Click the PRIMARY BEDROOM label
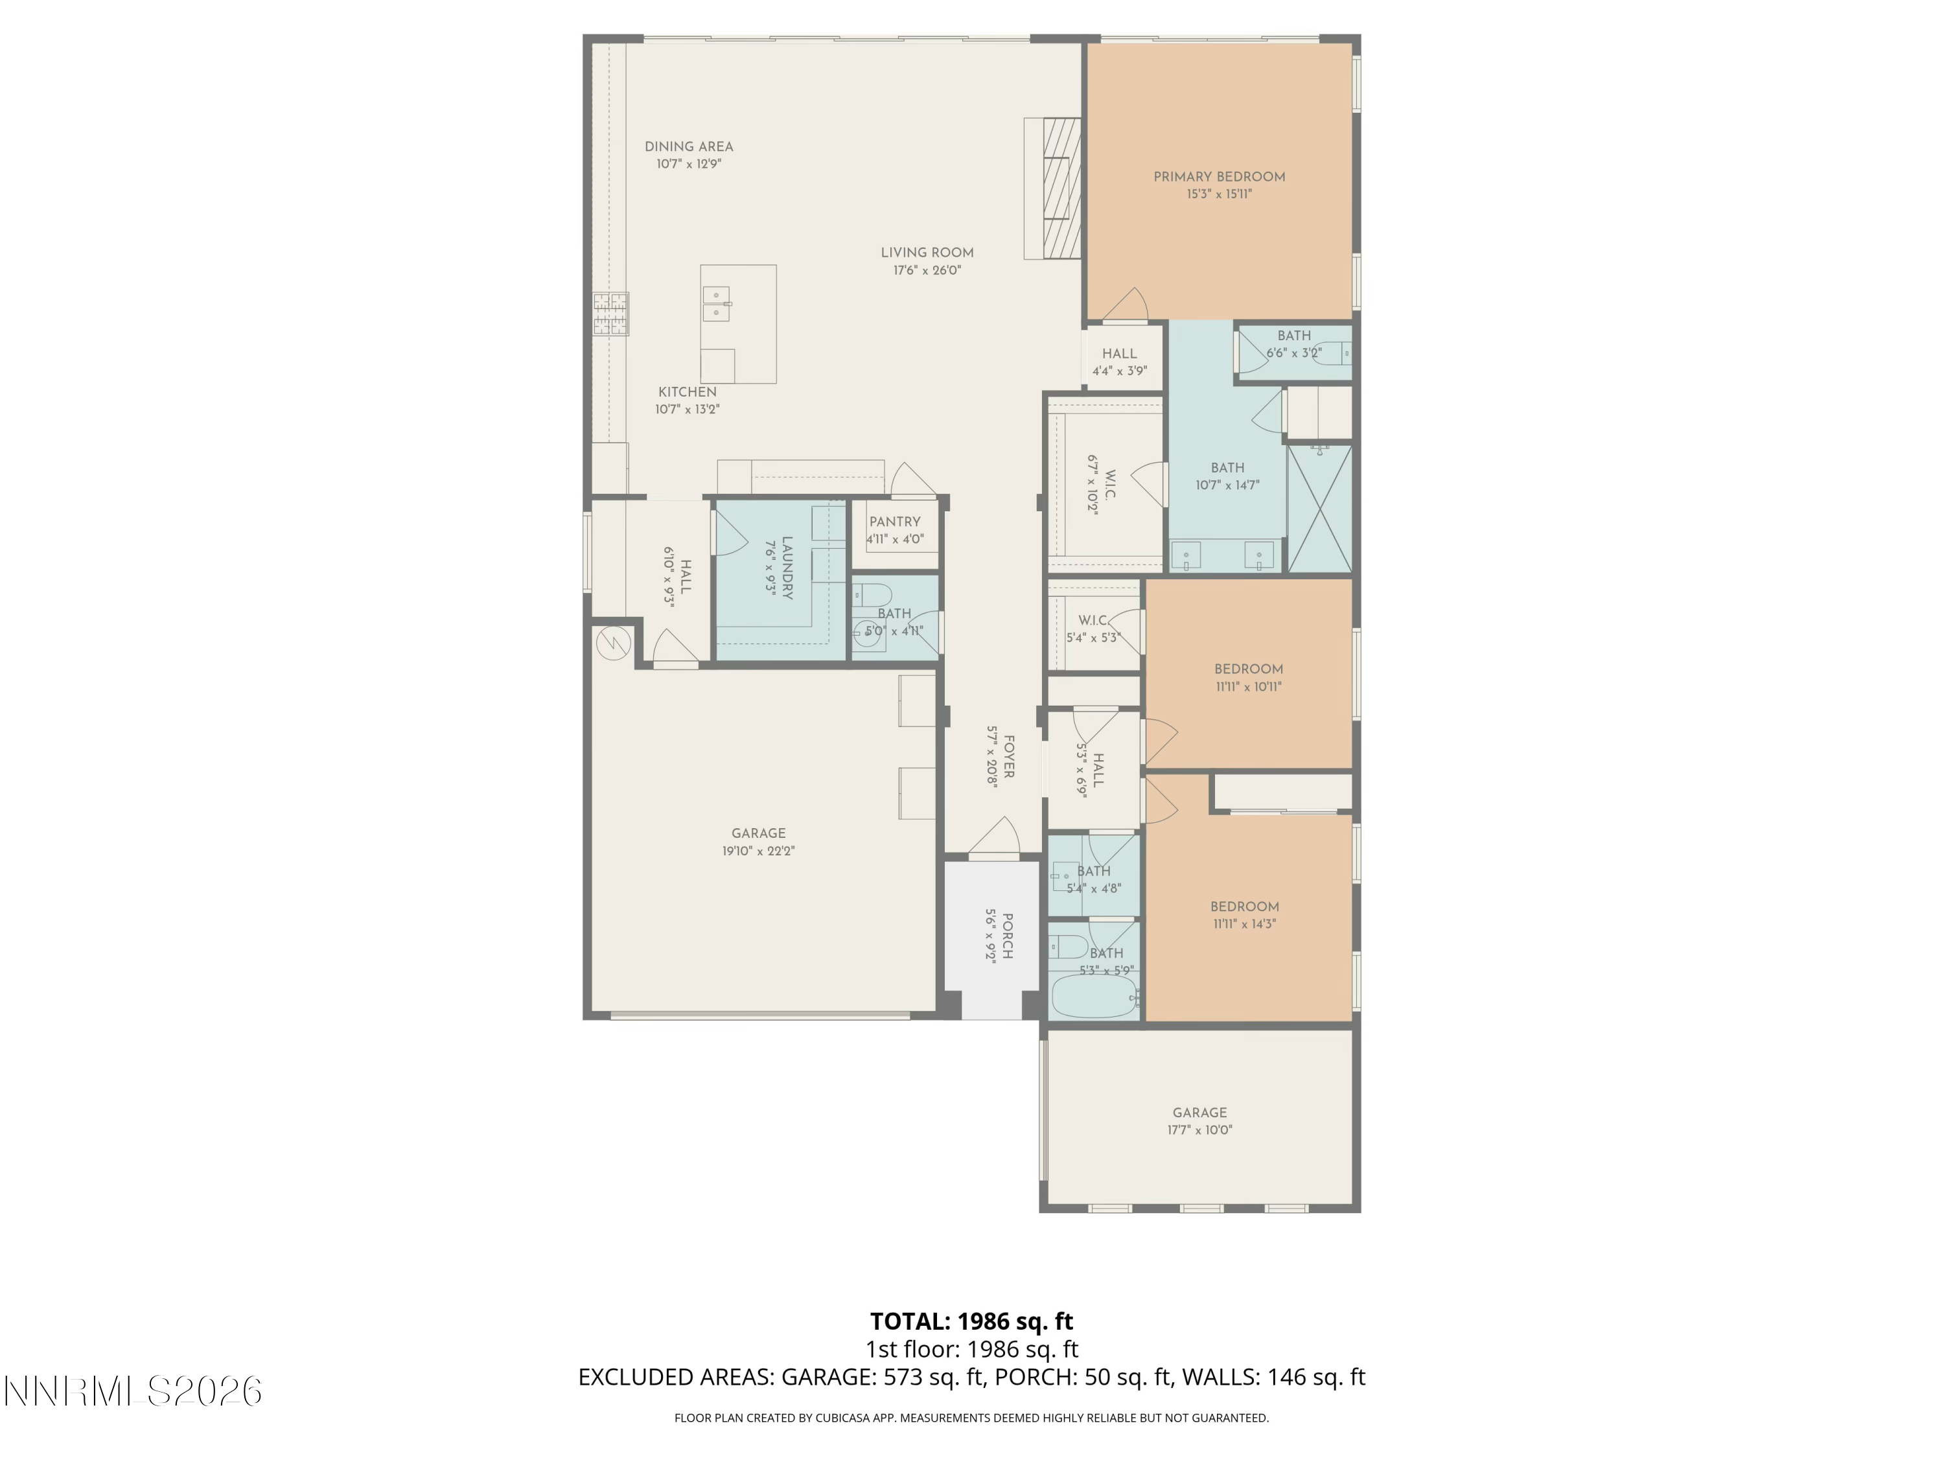(1219, 177)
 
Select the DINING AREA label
(688, 146)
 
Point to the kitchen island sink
(716, 304)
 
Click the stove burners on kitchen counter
(611, 314)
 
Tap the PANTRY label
(895, 521)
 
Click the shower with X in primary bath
(1319, 509)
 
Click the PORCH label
(1007, 936)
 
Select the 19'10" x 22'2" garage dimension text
(758, 851)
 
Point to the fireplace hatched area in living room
(1061, 187)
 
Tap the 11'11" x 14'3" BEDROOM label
(1244, 906)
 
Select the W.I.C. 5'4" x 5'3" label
(1093, 621)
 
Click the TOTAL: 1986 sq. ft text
(971, 1321)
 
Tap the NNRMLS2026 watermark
(133, 1391)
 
